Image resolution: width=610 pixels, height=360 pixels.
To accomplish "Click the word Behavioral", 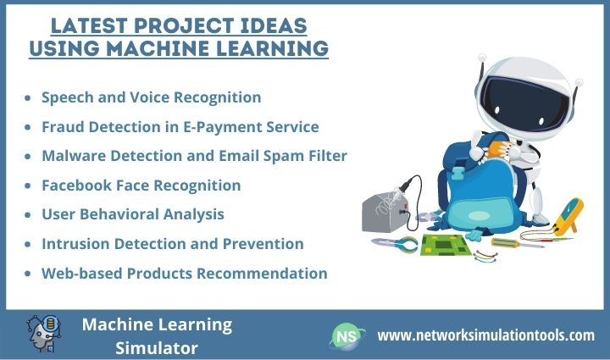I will [x=117, y=214].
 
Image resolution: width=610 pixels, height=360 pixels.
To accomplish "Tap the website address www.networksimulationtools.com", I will [x=485, y=335].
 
